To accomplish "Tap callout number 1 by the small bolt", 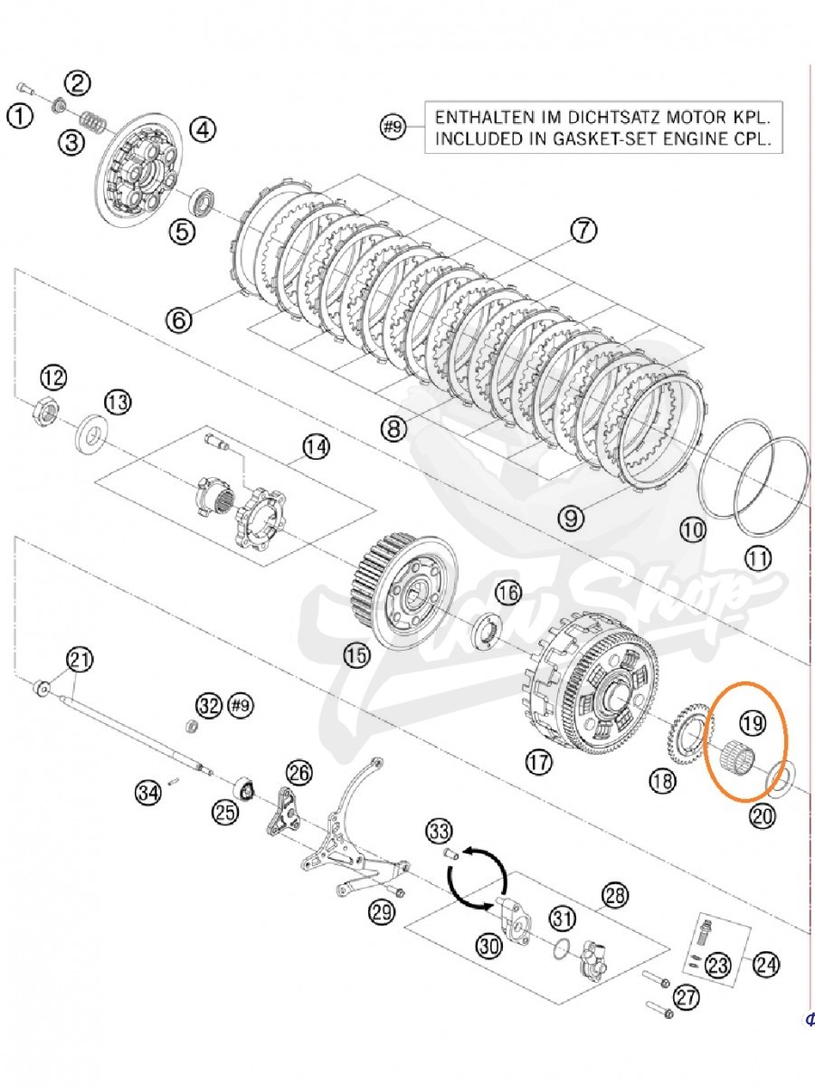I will [19, 115].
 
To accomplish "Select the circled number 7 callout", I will [583, 232].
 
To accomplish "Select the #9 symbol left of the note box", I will [391, 128].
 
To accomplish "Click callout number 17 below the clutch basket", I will [538, 762].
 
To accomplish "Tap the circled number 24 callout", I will [765, 965].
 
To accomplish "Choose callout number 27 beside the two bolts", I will [687, 997].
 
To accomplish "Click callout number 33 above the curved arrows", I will [440, 831].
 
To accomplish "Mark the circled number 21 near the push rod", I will [81, 660].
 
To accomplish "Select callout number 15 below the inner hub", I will [357, 655].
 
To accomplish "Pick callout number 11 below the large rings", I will [758, 558].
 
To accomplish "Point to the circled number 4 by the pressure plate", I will [202, 129].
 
